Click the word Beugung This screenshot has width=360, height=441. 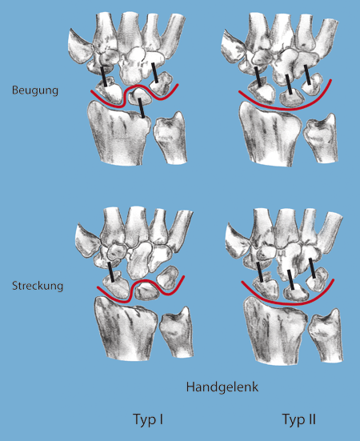click(x=35, y=90)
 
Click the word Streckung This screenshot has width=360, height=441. click(x=38, y=286)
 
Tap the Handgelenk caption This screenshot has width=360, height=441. click(x=222, y=387)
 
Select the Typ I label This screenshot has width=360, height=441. click(x=147, y=420)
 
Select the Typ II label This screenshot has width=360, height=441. click(x=298, y=420)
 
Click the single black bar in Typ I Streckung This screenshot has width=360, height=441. click(x=110, y=272)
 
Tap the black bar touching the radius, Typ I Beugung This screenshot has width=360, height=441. click(x=142, y=108)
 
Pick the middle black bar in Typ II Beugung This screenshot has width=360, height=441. click(x=289, y=84)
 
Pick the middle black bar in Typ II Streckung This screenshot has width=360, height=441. click(x=291, y=280)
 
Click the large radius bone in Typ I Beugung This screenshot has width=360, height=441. click(x=119, y=134)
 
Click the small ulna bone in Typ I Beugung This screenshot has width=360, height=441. click(x=170, y=138)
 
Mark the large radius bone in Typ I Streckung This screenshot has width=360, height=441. click(x=126, y=329)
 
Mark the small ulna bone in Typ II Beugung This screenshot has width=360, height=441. click(x=320, y=138)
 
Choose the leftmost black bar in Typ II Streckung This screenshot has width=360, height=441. click(x=260, y=272)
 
